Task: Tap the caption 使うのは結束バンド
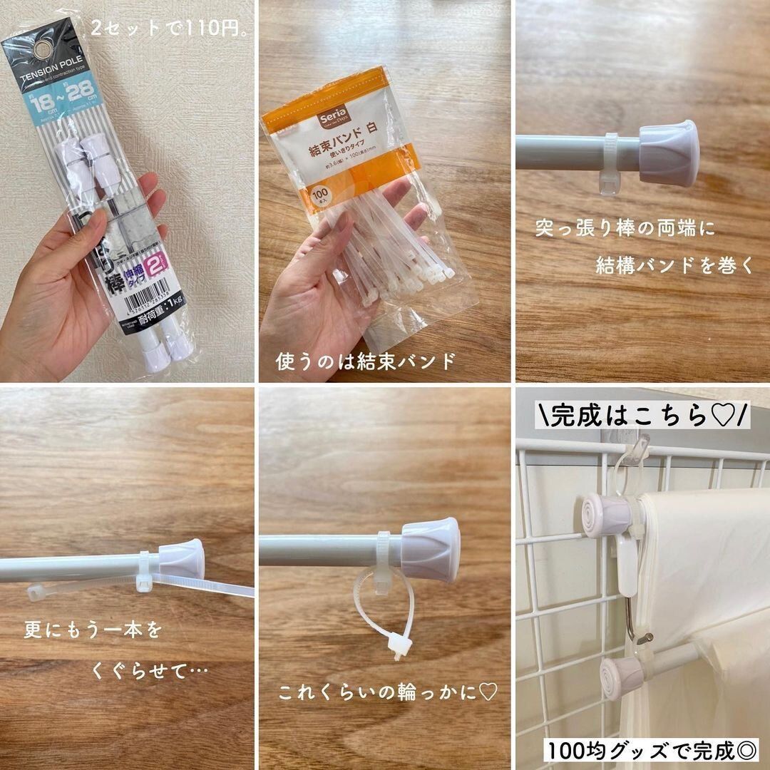click(365, 361)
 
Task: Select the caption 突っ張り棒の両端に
click(625, 230)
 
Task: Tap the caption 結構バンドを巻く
click(674, 266)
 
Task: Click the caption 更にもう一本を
click(93, 630)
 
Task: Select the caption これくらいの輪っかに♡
click(387, 692)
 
